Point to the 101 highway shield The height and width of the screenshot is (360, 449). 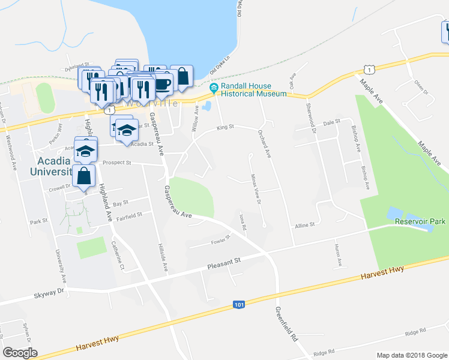click(239, 305)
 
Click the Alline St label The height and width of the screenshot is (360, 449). click(304, 225)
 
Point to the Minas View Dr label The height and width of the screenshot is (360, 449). click(255, 188)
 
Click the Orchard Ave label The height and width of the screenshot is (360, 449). click(264, 144)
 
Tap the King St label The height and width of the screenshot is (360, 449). click(224, 127)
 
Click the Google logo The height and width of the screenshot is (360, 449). click(20, 353)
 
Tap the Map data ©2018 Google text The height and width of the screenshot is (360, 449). click(411, 355)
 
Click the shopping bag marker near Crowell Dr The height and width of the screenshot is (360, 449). click(83, 176)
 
